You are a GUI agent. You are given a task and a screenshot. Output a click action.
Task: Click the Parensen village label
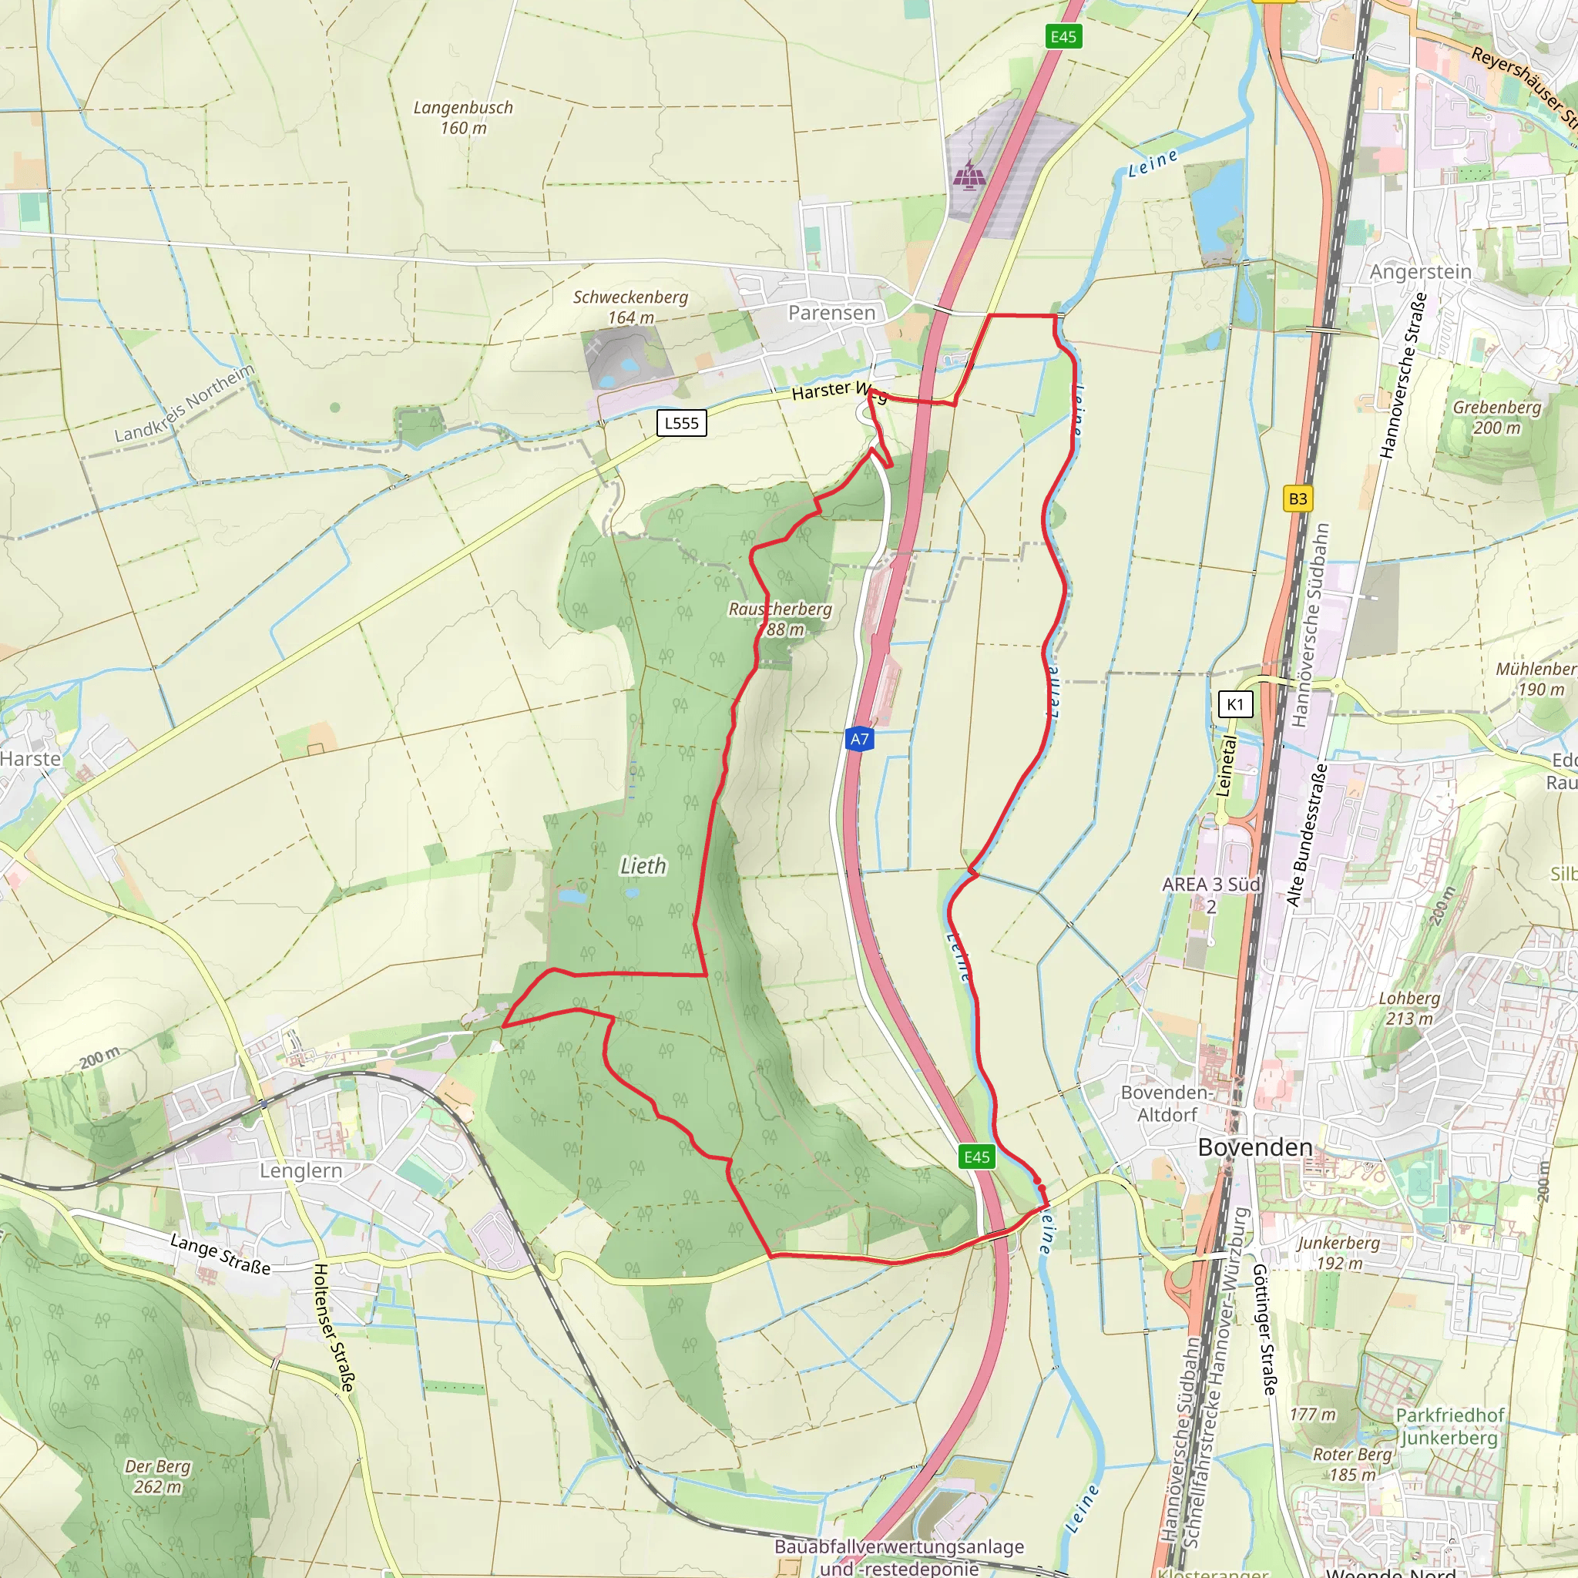tap(831, 313)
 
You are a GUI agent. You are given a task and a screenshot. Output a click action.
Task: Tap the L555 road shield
tap(681, 423)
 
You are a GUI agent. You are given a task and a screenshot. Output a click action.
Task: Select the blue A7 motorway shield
tap(859, 739)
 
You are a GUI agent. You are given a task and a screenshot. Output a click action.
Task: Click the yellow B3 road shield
tap(1297, 499)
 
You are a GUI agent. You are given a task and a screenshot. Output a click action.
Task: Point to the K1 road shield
tap(1234, 704)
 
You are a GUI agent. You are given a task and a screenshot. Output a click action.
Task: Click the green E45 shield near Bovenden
tap(977, 1157)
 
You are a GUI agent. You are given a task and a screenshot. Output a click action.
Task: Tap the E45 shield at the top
tap(1063, 37)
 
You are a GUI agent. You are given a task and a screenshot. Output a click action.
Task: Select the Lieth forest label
tap(643, 866)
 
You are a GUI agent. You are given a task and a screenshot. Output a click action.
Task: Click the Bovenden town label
tap(1254, 1147)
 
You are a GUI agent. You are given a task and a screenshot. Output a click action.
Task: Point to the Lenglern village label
tap(300, 1170)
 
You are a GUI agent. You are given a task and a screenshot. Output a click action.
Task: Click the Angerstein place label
tap(1420, 272)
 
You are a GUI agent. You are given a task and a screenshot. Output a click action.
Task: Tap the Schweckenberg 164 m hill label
tap(630, 307)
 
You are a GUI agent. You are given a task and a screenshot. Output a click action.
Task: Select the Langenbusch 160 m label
tap(463, 118)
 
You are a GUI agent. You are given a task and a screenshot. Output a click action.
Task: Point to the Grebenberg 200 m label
tap(1496, 417)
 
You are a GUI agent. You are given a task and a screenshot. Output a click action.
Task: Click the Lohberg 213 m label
tap(1409, 1008)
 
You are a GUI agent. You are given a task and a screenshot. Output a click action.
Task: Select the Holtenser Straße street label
tap(335, 1328)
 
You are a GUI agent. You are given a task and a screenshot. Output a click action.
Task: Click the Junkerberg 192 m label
tap(1338, 1252)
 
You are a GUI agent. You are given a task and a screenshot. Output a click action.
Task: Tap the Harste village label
tap(30, 759)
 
